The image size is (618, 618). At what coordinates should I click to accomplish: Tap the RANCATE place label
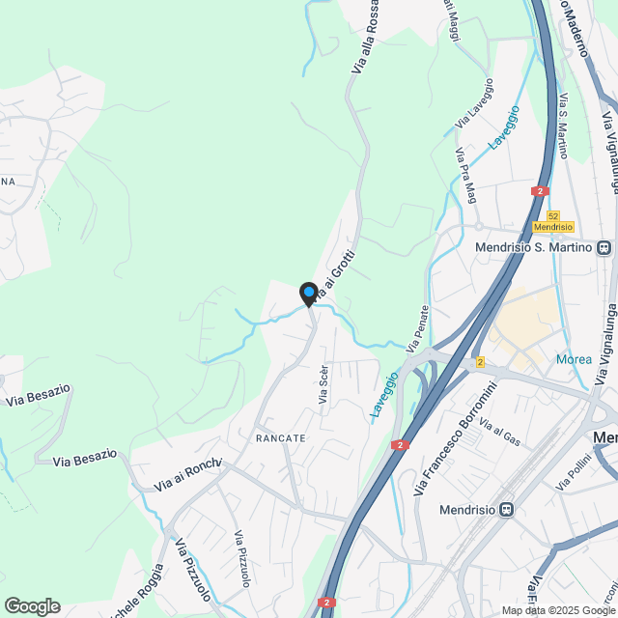click(x=281, y=438)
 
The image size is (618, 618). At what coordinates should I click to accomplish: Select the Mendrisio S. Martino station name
click(x=535, y=247)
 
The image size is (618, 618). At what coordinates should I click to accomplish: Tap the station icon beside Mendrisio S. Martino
click(x=604, y=247)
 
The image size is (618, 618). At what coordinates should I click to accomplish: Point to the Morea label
click(x=574, y=360)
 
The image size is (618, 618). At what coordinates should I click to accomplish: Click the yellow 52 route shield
click(x=552, y=216)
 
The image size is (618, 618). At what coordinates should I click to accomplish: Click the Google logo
click(x=32, y=606)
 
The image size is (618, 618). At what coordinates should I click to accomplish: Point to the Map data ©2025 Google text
click(x=557, y=610)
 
